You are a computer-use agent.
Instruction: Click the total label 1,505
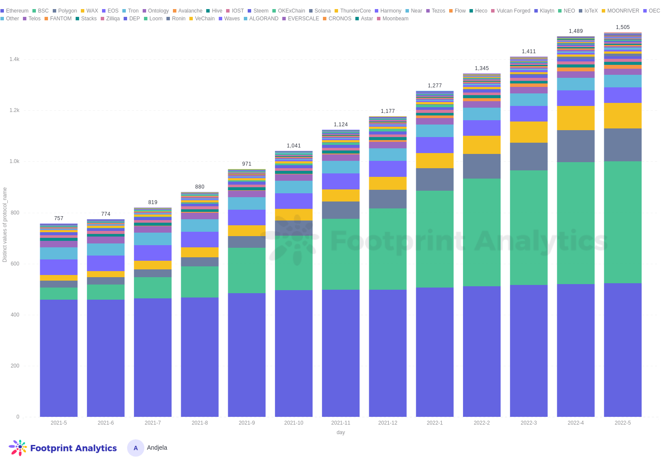tap(622, 27)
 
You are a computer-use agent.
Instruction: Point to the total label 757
tap(59, 218)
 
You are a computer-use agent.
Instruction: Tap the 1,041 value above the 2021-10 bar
tap(294, 146)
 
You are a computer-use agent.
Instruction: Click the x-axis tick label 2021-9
tap(246, 423)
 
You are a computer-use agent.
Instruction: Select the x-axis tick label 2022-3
tap(529, 423)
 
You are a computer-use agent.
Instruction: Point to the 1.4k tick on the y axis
tap(14, 59)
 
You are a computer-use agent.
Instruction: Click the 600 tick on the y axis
tap(15, 264)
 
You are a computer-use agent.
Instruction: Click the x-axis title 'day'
tap(341, 432)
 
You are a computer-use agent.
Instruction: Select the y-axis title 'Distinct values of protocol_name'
tap(5, 224)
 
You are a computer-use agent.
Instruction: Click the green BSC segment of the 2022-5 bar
tap(622, 222)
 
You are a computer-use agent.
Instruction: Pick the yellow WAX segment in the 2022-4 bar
tap(575, 118)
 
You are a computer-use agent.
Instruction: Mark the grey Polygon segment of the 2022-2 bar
tap(482, 166)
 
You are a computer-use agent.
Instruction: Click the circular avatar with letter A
tap(135, 448)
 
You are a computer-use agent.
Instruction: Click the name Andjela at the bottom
tap(157, 448)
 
